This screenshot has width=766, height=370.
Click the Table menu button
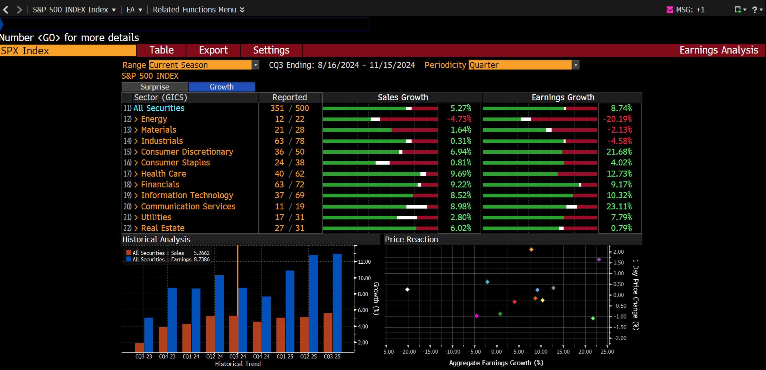coord(161,50)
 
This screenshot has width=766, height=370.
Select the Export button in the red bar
coord(213,50)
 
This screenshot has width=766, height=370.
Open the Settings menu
coord(271,50)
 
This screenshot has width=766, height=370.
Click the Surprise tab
coord(155,87)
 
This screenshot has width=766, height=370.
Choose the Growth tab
coord(222,87)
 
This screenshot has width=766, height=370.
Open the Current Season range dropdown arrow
coord(256,65)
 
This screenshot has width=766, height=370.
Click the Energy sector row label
coord(154,119)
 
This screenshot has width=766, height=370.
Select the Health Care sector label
coord(164,174)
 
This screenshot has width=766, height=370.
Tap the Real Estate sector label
coord(163,228)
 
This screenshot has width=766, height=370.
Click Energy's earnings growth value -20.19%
coord(617,119)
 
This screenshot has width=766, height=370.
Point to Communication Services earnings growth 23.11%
coord(619,207)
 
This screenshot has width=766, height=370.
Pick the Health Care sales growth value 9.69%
coord(461,174)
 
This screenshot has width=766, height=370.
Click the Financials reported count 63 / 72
coord(290,185)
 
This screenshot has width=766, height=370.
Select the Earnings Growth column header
coord(563,97)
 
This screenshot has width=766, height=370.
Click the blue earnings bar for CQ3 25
coord(337,303)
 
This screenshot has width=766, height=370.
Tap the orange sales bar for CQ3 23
coord(140,348)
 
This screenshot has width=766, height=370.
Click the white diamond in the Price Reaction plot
coord(407,289)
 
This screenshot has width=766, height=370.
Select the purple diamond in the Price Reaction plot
coord(599,260)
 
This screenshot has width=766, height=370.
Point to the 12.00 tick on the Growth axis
coord(364,262)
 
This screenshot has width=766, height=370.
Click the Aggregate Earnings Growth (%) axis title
coord(496,363)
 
